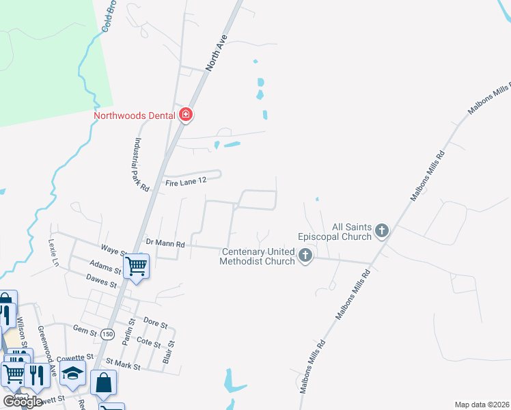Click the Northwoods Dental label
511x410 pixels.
coord(135,115)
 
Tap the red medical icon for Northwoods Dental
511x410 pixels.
coord(185,115)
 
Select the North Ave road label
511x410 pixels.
coord(216,54)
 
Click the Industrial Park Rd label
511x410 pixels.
coord(141,165)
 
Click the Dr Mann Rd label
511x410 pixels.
coord(165,243)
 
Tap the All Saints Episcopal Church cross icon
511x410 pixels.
coord(382,231)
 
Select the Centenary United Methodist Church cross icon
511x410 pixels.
coord(305,256)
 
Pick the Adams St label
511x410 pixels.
coord(105,266)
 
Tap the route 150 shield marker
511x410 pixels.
coord(107,333)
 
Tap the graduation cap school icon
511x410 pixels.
coord(72,372)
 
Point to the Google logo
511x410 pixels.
coord(23,401)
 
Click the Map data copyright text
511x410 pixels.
coord(482,405)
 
